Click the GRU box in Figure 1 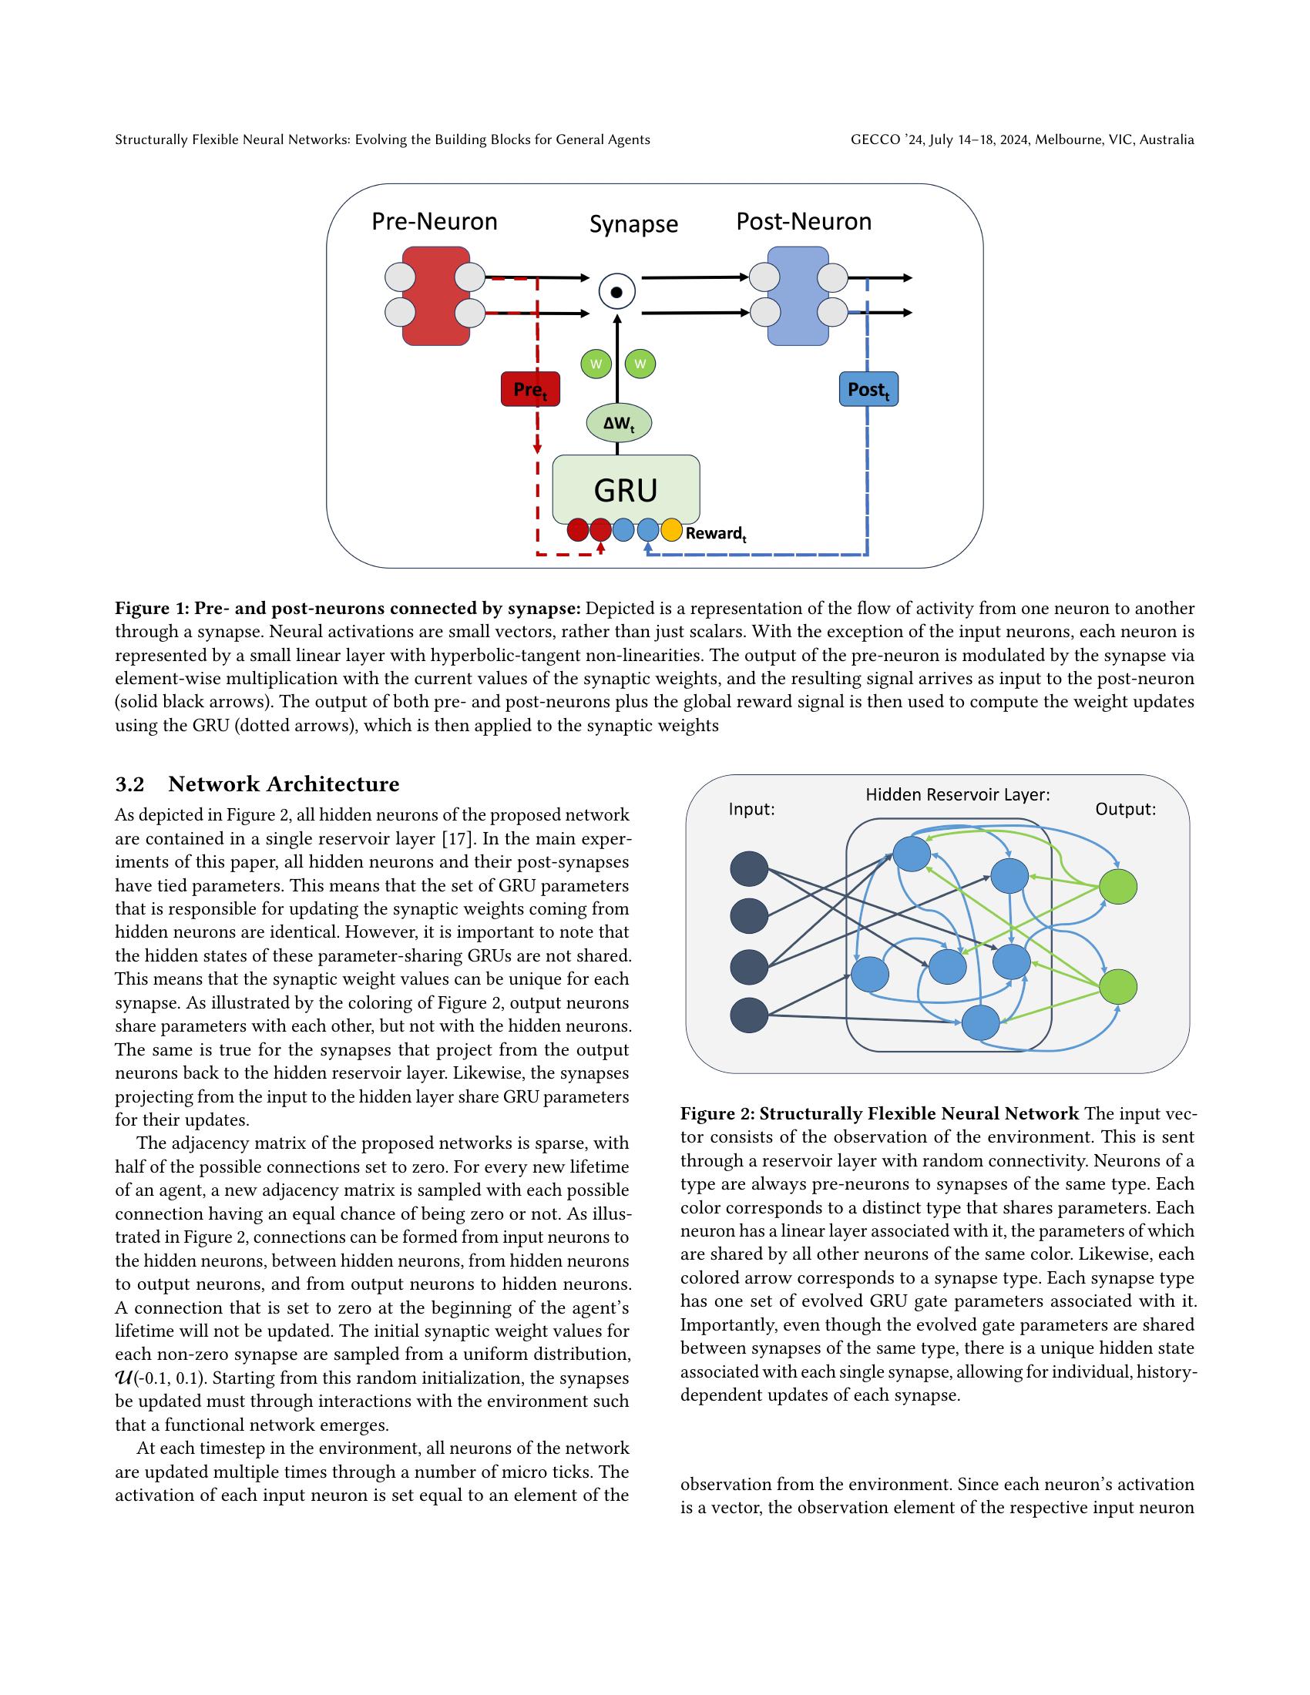[x=626, y=489]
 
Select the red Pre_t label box [x=530, y=390]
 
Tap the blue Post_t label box [x=868, y=390]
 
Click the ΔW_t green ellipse [x=618, y=424]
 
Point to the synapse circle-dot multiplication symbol [x=617, y=293]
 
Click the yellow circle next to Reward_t [x=670, y=531]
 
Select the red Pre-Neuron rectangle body [x=435, y=296]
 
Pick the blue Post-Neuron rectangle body [x=798, y=296]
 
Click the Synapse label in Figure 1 [x=633, y=224]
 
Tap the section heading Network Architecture [x=284, y=784]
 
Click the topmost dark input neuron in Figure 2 [x=749, y=868]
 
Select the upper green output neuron [x=1117, y=886]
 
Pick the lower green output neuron [x=1117, y=985]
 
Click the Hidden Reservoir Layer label [x=958, y=795]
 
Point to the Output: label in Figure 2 [x=1125, y=810]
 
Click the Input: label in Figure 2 [x=751, y=810]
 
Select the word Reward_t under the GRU [x=715, y=534]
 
